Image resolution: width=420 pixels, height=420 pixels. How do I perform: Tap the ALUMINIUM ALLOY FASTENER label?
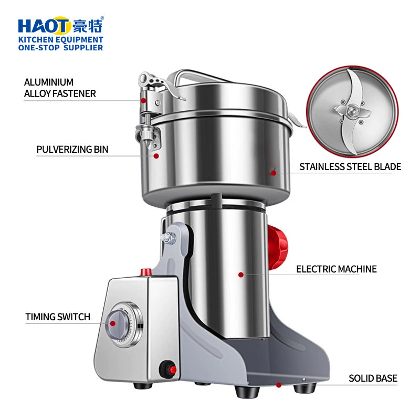click(x=60, y=88)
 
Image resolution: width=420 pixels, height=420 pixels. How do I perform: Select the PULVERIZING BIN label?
click(x=72, y=149)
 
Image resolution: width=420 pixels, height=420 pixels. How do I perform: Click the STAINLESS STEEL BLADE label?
click(x=350, y=167)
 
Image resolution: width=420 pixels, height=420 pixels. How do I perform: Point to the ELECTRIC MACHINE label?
click(x=337, y=269)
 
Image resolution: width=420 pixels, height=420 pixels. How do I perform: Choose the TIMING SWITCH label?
click(x=58, y=317)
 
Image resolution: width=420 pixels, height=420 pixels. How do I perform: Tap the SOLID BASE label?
click(x=373, y=378)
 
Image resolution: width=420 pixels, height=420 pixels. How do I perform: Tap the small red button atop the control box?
click(x=145, y=271)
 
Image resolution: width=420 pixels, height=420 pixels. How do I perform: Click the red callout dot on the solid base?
click(x=279, y=385)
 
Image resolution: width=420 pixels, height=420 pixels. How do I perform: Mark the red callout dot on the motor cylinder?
click(x=240, y=274)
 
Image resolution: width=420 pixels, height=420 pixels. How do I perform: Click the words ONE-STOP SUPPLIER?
click(x=61, y=48)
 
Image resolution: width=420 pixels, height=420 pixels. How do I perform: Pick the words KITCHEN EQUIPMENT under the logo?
click(x=61, y=39)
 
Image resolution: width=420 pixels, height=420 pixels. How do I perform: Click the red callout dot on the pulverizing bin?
click(x=156, y=155)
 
